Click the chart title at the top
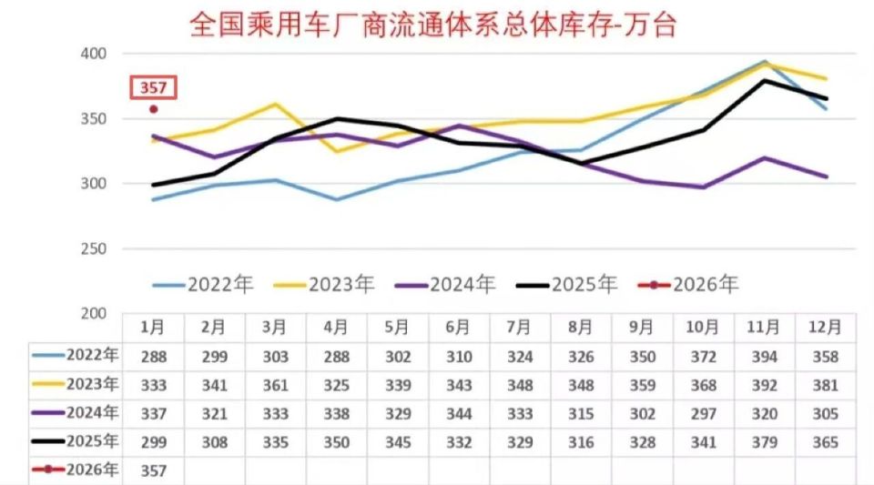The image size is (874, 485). (432, 25)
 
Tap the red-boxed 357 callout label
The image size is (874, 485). (153, 88)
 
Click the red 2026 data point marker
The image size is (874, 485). (154, 109)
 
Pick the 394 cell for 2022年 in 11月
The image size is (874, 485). (764, 357)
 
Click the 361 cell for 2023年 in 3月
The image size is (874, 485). (275, 385)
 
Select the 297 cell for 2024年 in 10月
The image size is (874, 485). (703, 414)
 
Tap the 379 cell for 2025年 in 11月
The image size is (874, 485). (764, 443)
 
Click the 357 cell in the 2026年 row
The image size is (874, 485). (153, 471)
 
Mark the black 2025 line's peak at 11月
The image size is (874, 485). (765, 80)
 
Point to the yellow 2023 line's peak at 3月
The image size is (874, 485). (276, 104)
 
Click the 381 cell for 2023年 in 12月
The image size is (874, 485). (826, 385)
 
